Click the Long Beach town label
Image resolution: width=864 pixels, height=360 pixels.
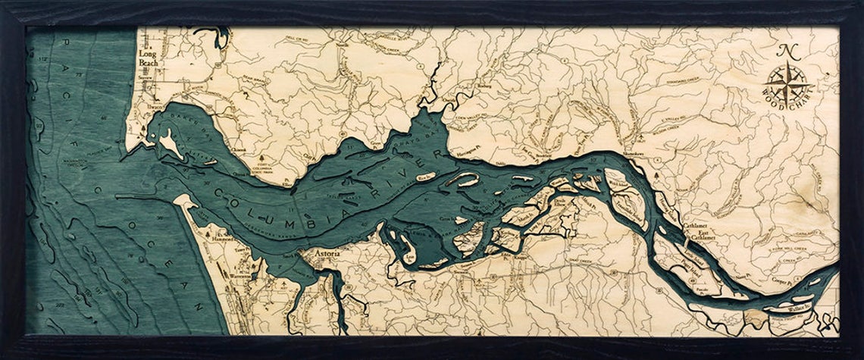(x=147, y=59)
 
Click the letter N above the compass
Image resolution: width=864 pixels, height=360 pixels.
(x=788, y=52)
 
